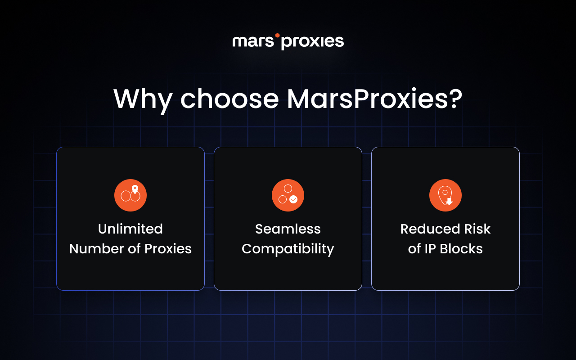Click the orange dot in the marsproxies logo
coord(277,35)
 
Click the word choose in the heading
coord(229,99)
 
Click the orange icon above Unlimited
coord(130,195)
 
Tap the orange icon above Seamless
coord(288,195)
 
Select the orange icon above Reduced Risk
coord(445,195)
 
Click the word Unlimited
coord(130,229)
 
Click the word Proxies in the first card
coord(168,249)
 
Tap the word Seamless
coord(288,229)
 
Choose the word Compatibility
coord(288,249)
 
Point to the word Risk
coord(477,229)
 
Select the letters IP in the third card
coord(431,249)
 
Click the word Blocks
coord(462,249)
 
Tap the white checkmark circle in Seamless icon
coord(293,199)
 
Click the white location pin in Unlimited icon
coord(135,189)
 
